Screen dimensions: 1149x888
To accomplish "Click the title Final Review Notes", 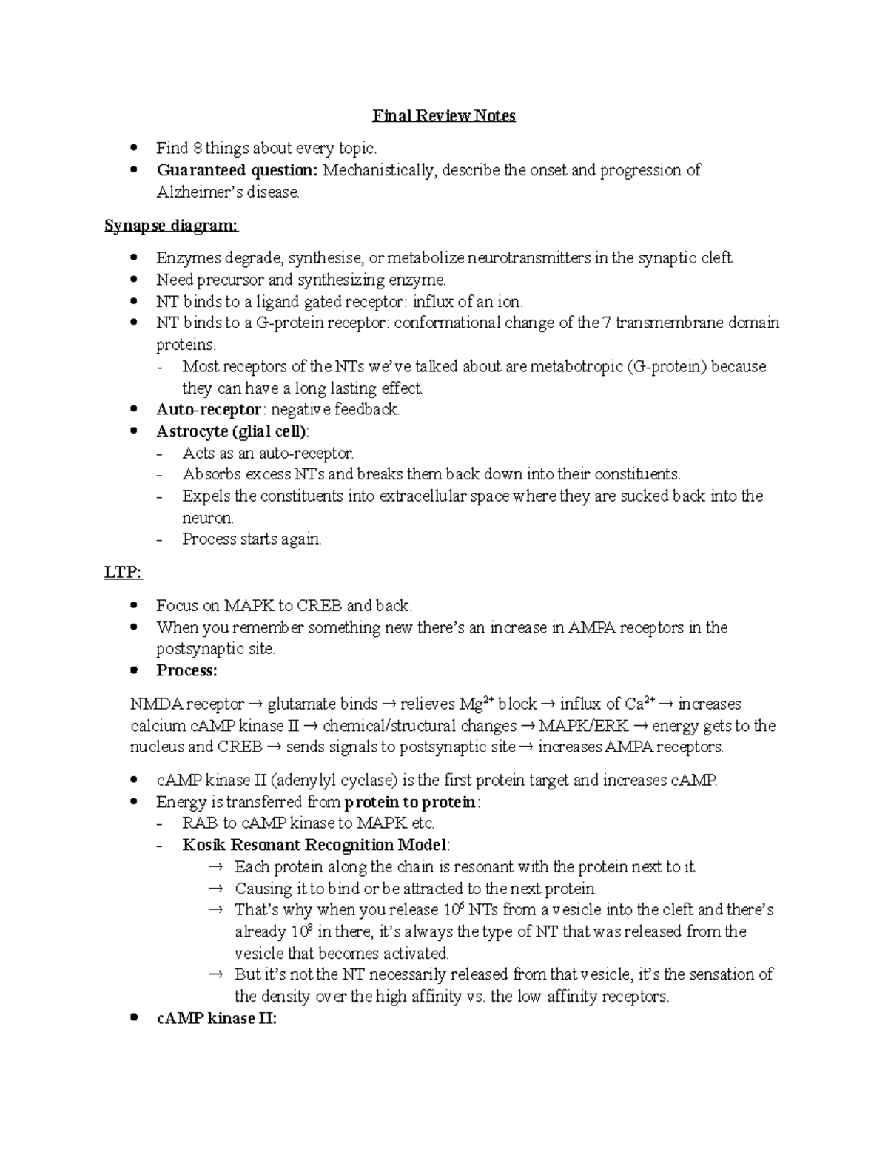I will (443, 116).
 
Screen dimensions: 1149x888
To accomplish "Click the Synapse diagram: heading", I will (172, 226).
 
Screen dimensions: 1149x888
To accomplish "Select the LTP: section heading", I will (123, 573).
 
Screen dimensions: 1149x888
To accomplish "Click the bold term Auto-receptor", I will (209, 410).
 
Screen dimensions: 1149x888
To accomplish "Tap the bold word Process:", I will (186, 671).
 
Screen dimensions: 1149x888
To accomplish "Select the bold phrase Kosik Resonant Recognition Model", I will (314, 845).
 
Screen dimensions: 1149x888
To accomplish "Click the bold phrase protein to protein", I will (411, 802).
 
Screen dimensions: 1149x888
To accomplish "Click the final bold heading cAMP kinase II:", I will (216, 1019).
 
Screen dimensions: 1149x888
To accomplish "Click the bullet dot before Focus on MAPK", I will (134, 605).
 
